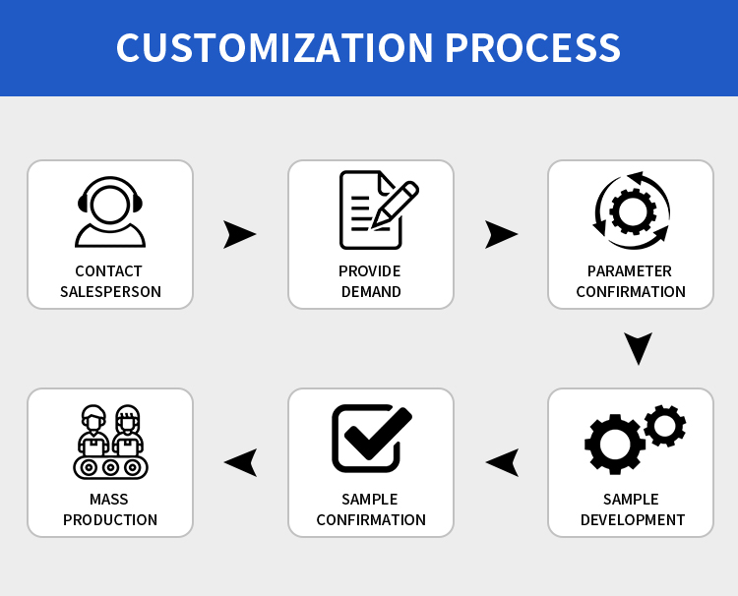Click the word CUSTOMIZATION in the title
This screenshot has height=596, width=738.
275,47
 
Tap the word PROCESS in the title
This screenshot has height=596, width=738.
532,47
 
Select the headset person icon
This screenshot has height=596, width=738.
110,211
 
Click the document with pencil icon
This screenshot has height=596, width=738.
379,209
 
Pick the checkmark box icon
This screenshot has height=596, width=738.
372,438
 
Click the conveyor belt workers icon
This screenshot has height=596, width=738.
110,442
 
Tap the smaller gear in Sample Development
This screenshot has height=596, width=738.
664,426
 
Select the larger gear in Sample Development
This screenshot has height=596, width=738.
615,445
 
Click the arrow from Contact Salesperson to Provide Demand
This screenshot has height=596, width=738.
239,234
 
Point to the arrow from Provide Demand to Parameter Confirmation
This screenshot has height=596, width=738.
501,234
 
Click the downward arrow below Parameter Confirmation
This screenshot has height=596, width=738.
639,348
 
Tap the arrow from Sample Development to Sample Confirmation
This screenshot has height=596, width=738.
503,462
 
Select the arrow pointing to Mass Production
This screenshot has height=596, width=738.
241,462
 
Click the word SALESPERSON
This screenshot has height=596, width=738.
110,292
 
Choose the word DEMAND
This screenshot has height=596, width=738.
371,292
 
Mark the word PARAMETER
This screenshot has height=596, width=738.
630,270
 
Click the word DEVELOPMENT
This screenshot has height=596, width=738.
633,520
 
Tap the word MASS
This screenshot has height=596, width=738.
108,499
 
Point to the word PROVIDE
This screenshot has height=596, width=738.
369,270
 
